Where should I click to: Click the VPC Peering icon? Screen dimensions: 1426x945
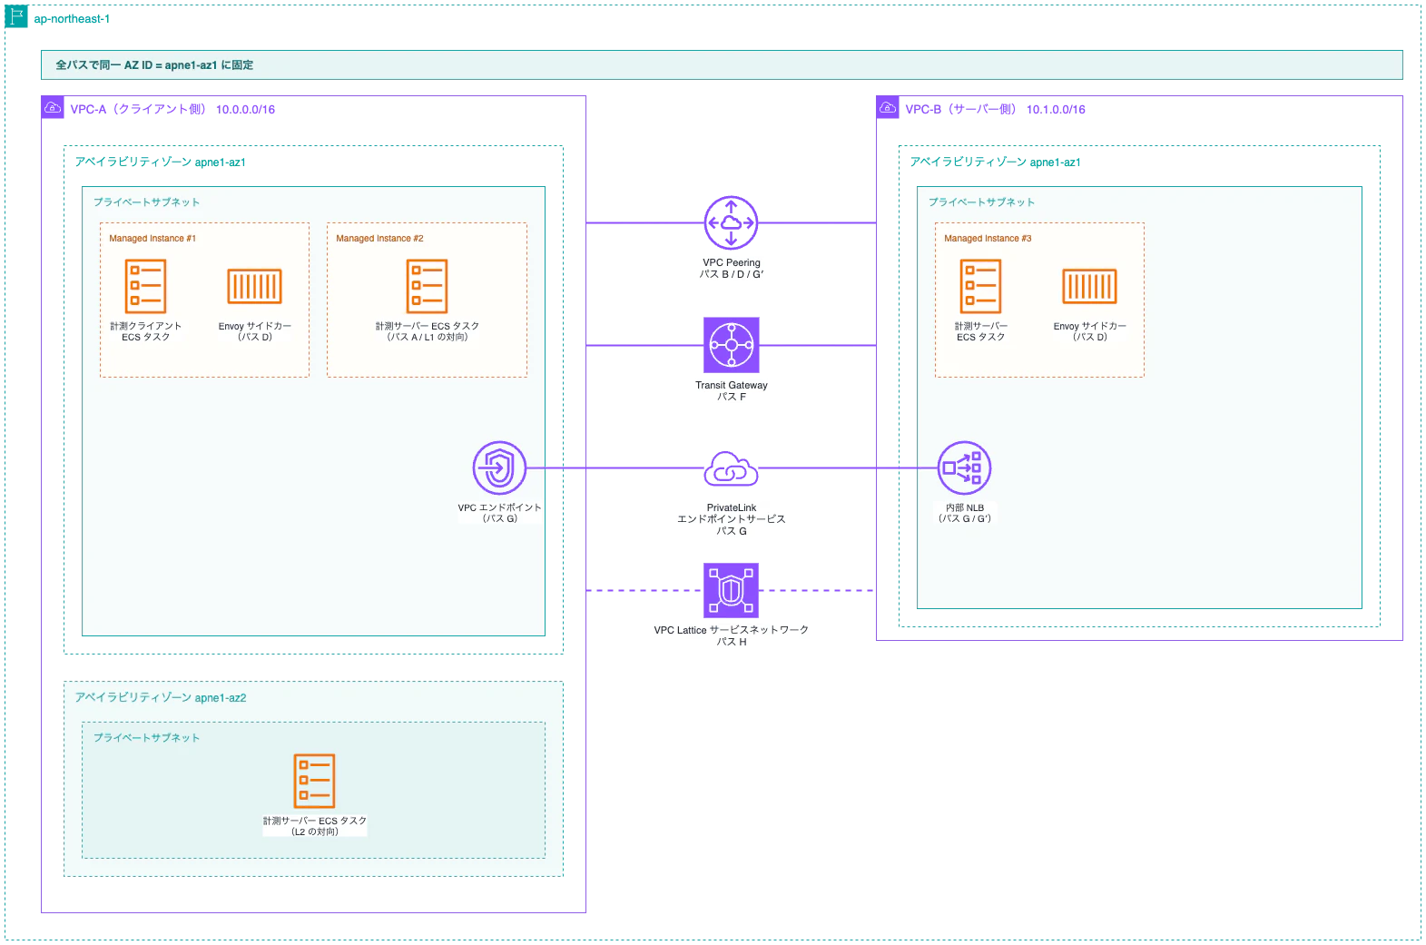(x=731, y=223)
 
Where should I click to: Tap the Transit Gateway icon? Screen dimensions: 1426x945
(x=731, y=345)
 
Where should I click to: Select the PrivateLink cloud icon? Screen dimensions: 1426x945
(x=731, y=468)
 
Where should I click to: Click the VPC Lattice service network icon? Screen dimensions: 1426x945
(x=731, y=590)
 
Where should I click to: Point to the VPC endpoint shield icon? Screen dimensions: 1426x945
(x=499, y=468)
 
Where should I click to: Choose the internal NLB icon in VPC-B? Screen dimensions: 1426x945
(x=964, y=468)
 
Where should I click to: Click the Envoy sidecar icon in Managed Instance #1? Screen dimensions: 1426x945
(x=255, y=286)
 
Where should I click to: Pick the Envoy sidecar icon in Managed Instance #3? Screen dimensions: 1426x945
(x=1089, y=286)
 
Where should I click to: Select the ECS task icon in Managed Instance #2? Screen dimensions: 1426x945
(x=427, y=286)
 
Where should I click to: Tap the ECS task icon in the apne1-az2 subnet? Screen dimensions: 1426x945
(x=314, y=781)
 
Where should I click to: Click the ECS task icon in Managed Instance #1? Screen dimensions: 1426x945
(x=146, y=286)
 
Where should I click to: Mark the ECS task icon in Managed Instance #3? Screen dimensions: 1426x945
(x=980, y=286)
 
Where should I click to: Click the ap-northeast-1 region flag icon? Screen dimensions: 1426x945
(x=16, y=16)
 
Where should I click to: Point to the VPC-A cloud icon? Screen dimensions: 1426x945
(x=53, y=107)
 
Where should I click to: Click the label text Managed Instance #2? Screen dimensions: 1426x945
(x=379, y=238)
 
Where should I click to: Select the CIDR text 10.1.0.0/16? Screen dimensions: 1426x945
(x=1056, y=110)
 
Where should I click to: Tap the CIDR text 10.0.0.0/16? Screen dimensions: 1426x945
(x=245, y=110)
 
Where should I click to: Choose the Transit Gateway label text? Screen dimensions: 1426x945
(x=731, y=385)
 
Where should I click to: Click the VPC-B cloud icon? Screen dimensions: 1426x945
(x=888, y=107)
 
